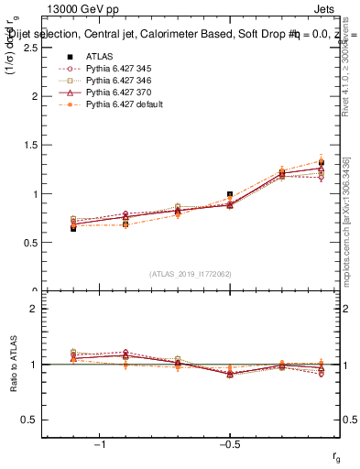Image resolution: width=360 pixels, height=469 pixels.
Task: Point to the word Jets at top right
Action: (328, 10)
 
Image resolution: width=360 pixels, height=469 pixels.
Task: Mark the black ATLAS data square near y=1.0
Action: (230, 194)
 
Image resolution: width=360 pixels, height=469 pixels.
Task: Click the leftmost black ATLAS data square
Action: (73, 228)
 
